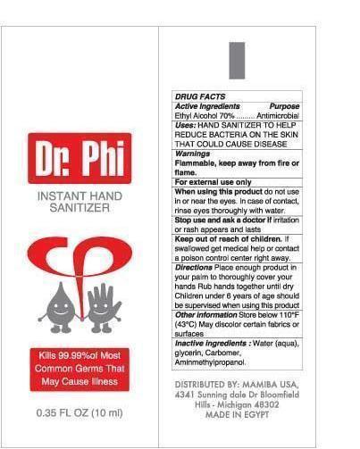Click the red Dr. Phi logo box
tap(80, 159)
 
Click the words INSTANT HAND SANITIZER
tap(80, 201)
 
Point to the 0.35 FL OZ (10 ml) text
tap(80, 413)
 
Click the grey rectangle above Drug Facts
tap(238, 60)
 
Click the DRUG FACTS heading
tap(201, 96)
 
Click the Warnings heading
tap(192, 154)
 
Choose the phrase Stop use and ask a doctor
tap(218, 220)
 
